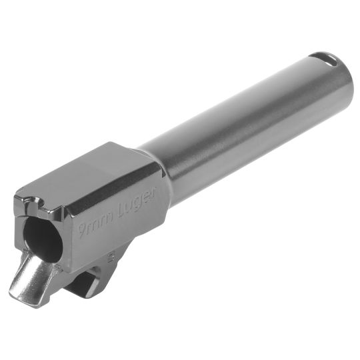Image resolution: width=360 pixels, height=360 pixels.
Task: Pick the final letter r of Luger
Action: (x=155, y=191)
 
